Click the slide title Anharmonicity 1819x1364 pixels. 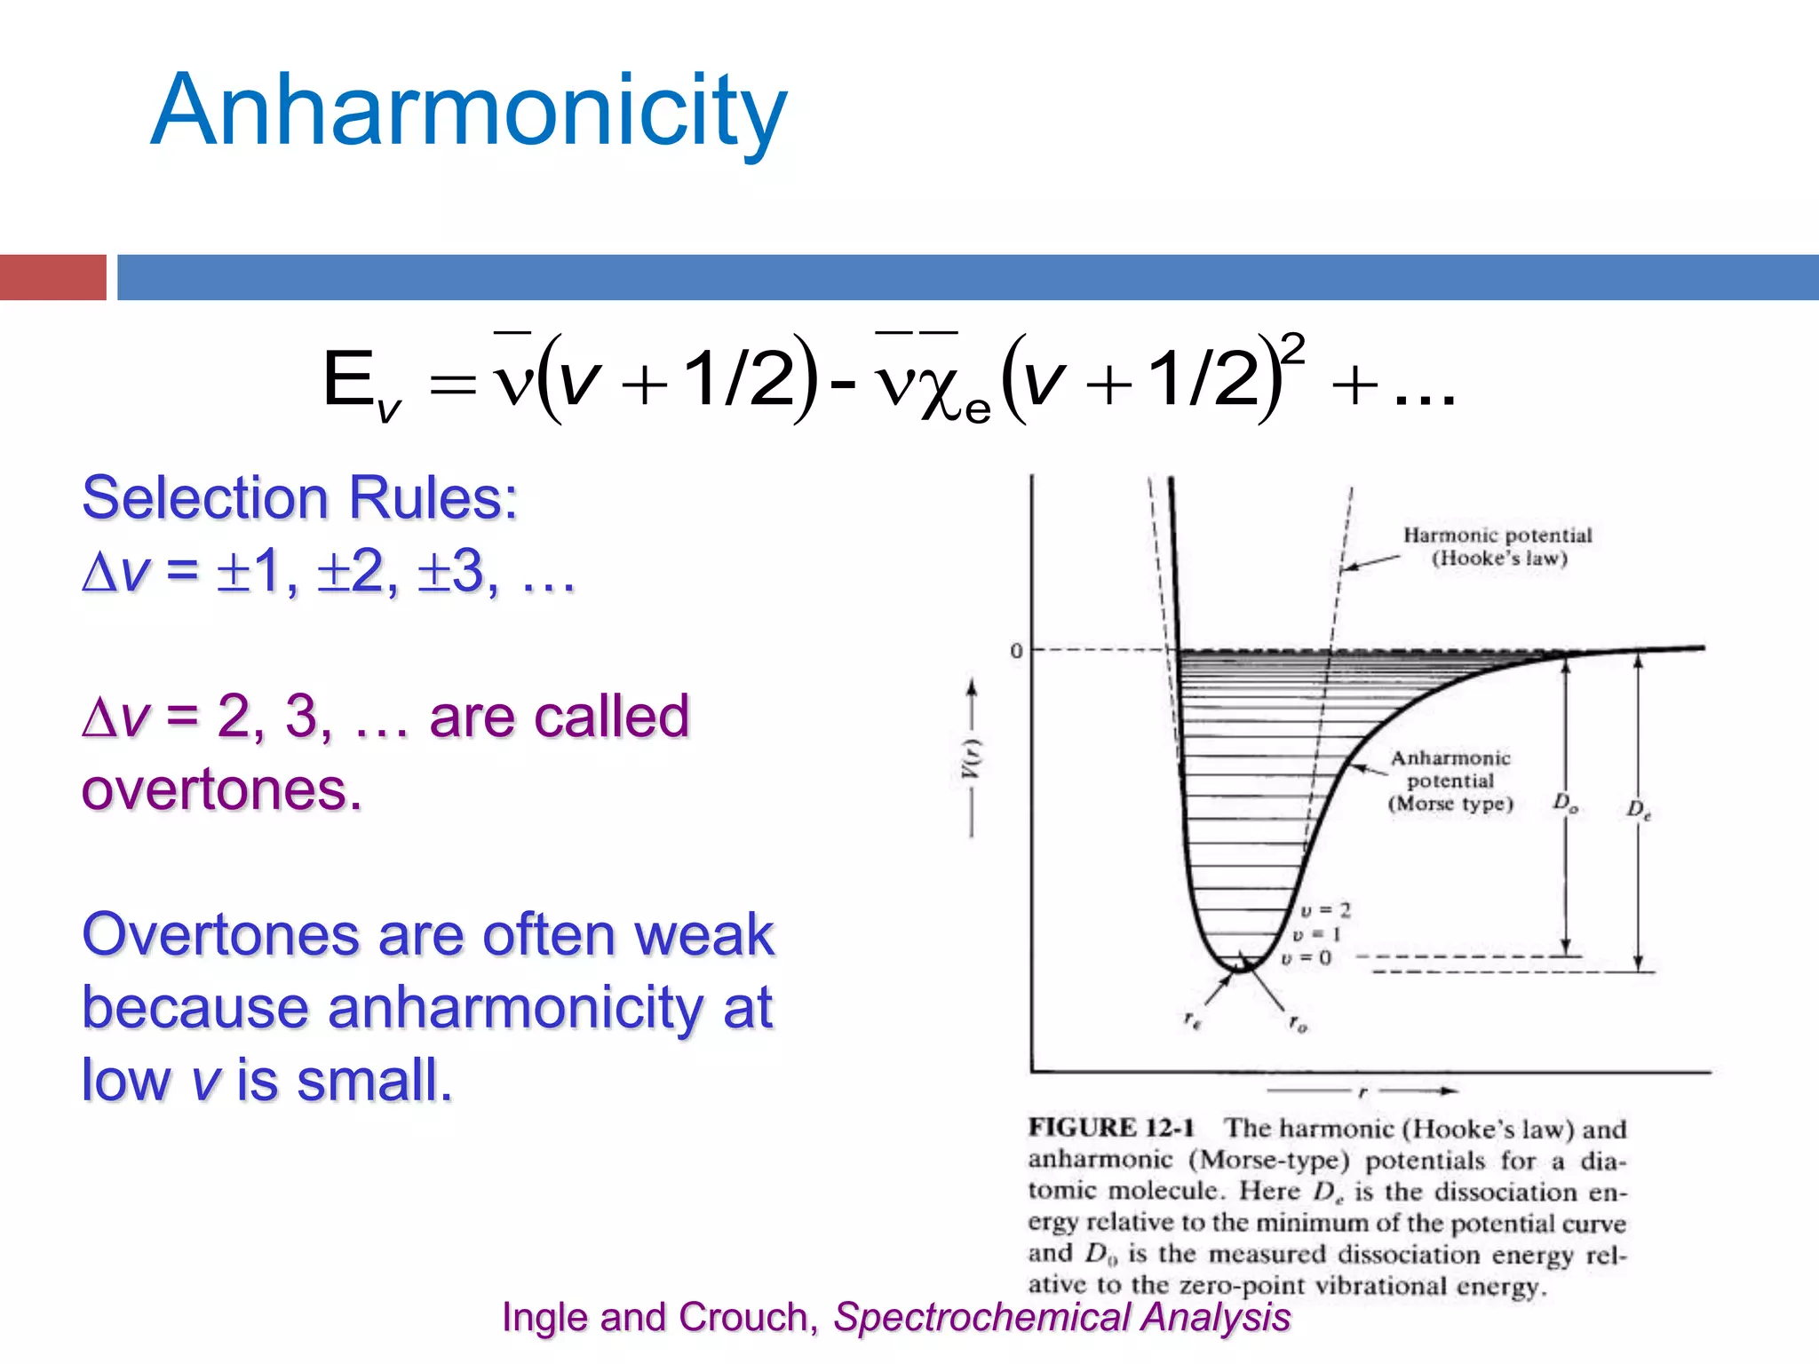[469, 111]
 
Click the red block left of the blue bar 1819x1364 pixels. [53, 277]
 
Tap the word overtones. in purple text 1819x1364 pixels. [222, 789]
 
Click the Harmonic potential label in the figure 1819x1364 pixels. [1497, 546]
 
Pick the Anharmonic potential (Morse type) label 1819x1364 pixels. [1450, 781]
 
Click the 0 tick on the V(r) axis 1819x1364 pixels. [1016, 651]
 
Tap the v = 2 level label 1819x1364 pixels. [1325, 910]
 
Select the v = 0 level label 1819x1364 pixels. [1306, 958]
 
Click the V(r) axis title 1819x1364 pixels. [972, 759]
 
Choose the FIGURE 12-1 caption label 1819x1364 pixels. [1111, 1128]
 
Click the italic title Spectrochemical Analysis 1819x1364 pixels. [1061, 1317]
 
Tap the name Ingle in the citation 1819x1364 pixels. [545, 1317]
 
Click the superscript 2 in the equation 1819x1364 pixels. [1293, 347]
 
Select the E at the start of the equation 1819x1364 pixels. [348, 379]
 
